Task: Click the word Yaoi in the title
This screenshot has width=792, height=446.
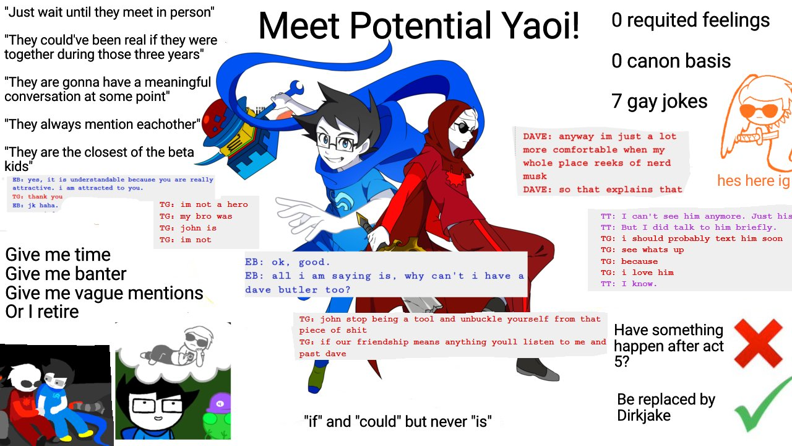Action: (x=541, y=25)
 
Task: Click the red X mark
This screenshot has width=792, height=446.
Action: (x=758, y=343)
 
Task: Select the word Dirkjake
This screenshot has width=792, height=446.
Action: (x=644, y=416)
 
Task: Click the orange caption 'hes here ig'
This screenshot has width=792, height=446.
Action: (x=754, y=180)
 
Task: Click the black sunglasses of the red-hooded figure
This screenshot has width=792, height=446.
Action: (x=464, y=128)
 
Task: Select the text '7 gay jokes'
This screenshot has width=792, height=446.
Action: (x=660, y=102)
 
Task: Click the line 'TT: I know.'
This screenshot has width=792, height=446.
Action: (x=629, y=284)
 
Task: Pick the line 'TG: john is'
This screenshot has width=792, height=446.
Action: (x=187, y=228)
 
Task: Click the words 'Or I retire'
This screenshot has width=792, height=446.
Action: (x=42, y=312)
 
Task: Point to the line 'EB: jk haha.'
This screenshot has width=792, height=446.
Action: (x=35, y=205)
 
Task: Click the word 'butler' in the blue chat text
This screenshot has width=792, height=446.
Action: (x=298, y=289)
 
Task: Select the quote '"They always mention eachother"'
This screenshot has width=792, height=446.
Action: (x=102, y=125)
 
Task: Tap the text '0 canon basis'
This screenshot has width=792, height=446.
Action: (x=671, y=61)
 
